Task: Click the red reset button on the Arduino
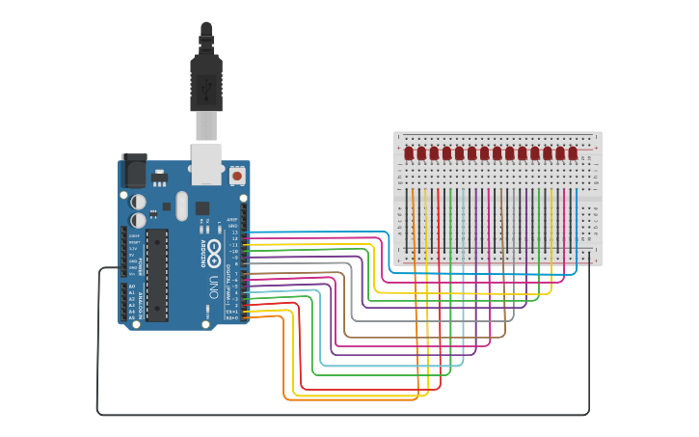[237, 177]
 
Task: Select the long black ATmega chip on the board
[157, 274]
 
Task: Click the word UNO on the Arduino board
[214, 287]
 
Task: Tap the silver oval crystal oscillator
[182, 205]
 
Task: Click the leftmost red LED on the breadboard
[409, 153]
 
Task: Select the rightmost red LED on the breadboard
[573, 153]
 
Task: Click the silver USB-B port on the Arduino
[207, 163]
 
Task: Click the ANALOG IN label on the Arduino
[141, 300]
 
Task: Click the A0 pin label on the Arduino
[131, 286]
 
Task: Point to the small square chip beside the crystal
[202, 207]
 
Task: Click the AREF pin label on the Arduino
[232, 220]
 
